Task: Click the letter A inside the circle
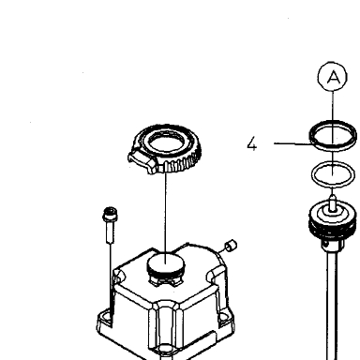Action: pyautogui.click(x=334, y=77)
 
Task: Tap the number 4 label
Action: pyautogui.click(x=251, y=144)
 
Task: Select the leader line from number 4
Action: pyautogui.click(x=293, y=143)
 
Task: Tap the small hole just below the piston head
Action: pyautogui.click(x=326, y=245)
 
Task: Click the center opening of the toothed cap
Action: pyautogui.click(x=164, y=142)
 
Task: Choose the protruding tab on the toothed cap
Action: pyautogui.click(x=142, y=160)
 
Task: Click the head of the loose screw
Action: pyautogui.click(x=110, y=213)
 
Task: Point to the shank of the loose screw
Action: pyautogui.click(x=110, y=232)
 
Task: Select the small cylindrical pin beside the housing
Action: pyautogui.click(x=232, y=245)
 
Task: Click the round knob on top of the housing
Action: pyautogui.click(x=166, y=263)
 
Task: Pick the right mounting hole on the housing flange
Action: pyautogui.click(x=223, y=318)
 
